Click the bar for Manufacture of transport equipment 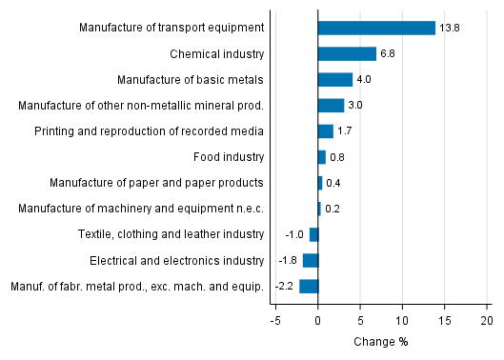click(376, 29)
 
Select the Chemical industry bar click(347, 54)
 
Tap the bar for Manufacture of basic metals click(335, 80)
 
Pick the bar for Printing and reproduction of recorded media click(325, 131)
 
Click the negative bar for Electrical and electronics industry click(311, 260)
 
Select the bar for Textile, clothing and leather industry click(313, 234)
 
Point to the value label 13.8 click(449, 29)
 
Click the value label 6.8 click(389, 54)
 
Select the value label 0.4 click(333, 183)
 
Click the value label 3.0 click(356, 106)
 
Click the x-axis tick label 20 click(486, 322)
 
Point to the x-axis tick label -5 click(274, 322)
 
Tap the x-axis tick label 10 click(402, 322)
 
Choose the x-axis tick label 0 click(318, 322)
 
